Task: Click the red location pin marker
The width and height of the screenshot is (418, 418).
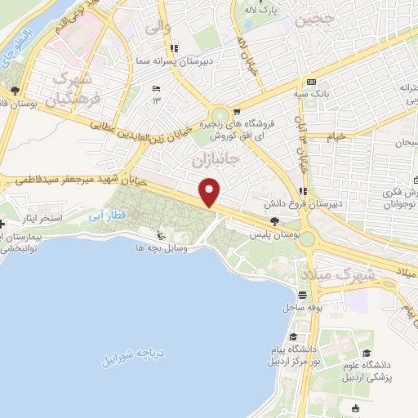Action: point(211,193)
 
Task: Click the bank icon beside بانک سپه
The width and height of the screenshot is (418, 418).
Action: point(311,82)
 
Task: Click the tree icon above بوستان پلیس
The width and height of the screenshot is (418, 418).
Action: point(274,221)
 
